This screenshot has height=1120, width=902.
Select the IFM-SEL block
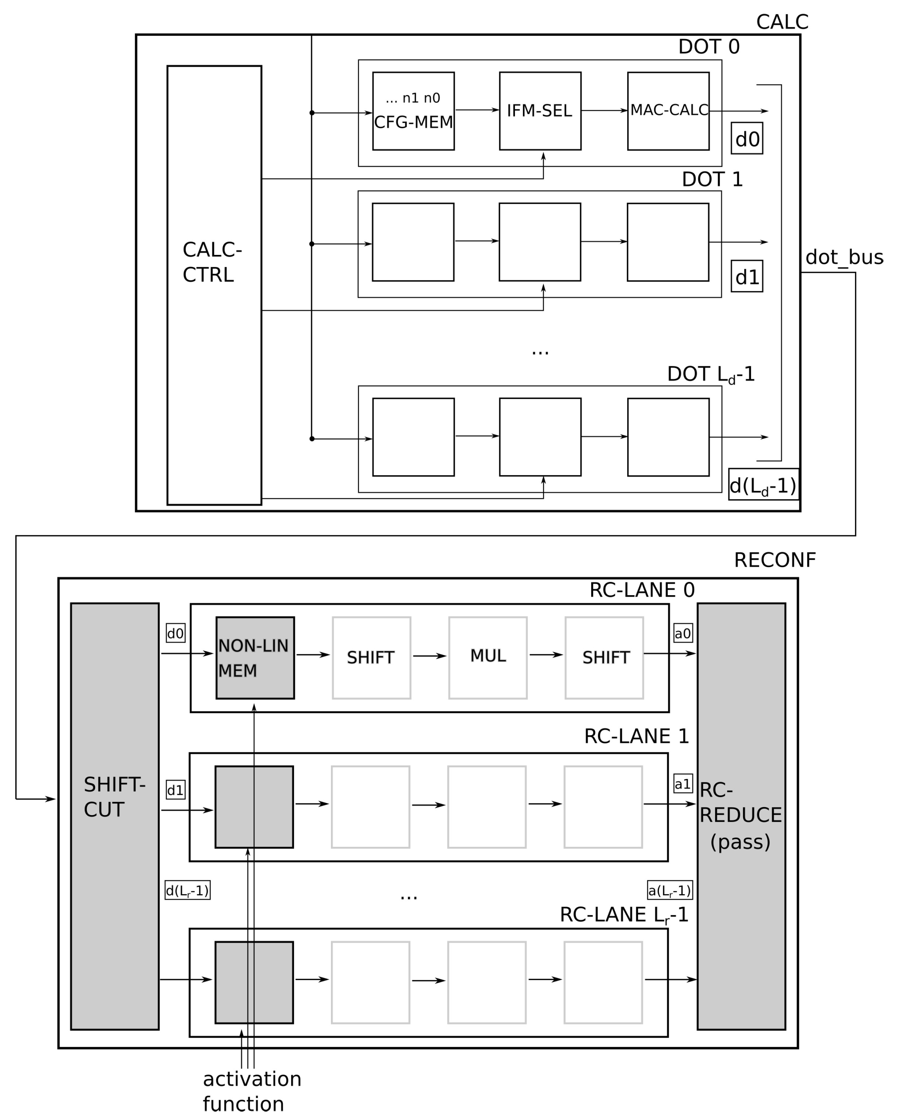click(540, 111)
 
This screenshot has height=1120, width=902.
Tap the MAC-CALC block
click(668, 111)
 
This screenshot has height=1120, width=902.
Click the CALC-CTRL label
click(212, 262)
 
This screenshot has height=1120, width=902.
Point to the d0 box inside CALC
click(747, 138)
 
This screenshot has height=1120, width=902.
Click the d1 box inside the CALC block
click(747, 276)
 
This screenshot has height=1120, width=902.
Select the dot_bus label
click(844, 257)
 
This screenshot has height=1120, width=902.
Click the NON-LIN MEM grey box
click(255, 658)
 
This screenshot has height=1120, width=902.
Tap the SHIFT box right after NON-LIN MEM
click(371, 658)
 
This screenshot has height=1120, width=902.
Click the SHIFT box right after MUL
click(604, 658)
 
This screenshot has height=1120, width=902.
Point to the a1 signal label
click(682, 784)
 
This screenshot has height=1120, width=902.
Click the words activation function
click(251, 1092)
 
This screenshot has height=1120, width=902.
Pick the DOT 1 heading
click(712, 179)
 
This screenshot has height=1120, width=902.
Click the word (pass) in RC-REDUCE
click(740, 842)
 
